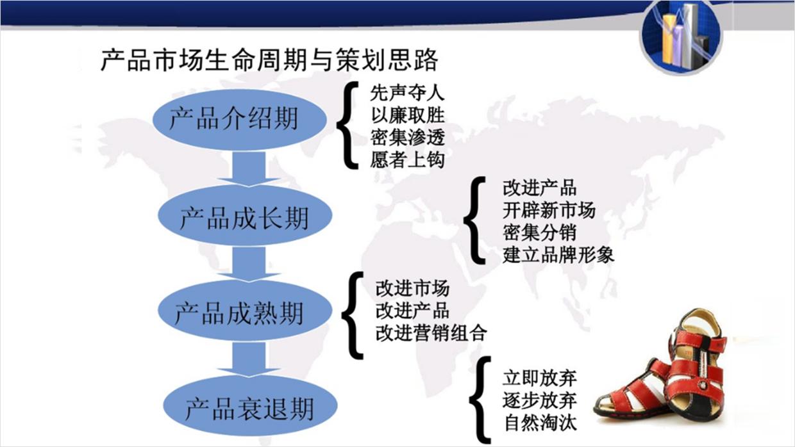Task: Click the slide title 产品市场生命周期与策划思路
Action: (269, 61)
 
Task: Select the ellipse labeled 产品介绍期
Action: (234, 118)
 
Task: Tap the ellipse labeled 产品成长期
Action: (244, 217)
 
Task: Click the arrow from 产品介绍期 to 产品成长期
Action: (247, 172)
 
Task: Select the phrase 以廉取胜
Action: (407, 116)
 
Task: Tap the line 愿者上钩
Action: (407, 159)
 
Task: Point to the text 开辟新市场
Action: (549, 210)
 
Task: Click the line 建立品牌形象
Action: (558, 254)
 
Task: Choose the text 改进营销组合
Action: (431, 333)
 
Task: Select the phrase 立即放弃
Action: (539, 378)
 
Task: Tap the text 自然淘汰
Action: (539, 423)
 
